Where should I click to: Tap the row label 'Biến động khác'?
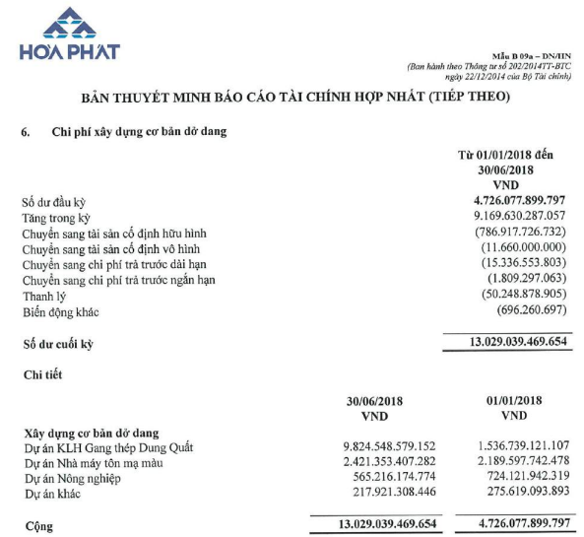coord(61,312)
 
